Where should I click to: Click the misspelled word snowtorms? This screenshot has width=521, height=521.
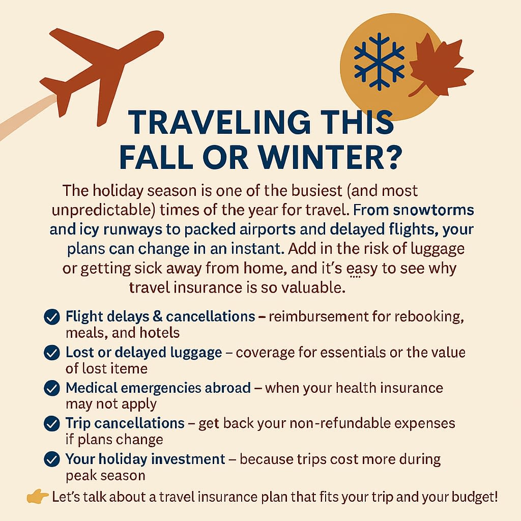tap(432, 210)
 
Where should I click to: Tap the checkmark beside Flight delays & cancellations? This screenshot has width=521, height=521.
tap(51, 317)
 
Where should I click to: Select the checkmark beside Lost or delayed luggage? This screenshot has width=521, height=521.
tap(51, 353)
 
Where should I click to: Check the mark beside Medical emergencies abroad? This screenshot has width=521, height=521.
tap(51, 388)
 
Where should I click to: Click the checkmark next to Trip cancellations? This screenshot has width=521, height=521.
tap(51, 423)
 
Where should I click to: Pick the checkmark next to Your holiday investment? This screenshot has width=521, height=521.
tap(51, 459)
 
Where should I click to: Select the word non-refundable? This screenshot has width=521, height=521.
tap(333, 423)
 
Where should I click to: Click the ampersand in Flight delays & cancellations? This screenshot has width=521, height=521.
tap(157, 316)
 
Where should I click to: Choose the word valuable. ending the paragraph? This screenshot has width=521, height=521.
tap(315, 287)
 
